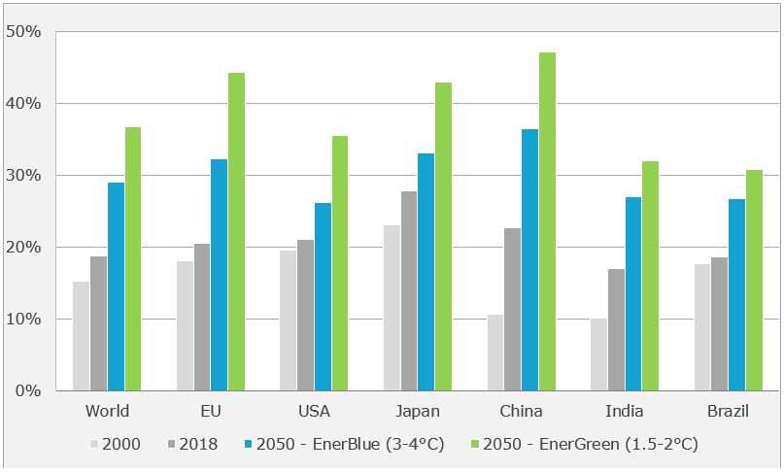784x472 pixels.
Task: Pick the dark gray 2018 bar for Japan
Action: [409, 291]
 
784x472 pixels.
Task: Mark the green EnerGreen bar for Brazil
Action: [754, 281]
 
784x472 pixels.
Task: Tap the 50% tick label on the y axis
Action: [23, 31]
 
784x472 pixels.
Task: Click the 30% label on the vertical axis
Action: [23, 175]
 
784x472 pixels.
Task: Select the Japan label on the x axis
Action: [417, 411]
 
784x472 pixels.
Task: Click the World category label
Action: [107, 411]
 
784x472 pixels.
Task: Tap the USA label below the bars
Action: [314, 411]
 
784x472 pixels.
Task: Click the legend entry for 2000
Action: [114, 445]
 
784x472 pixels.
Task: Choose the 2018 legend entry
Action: [190, 445]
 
